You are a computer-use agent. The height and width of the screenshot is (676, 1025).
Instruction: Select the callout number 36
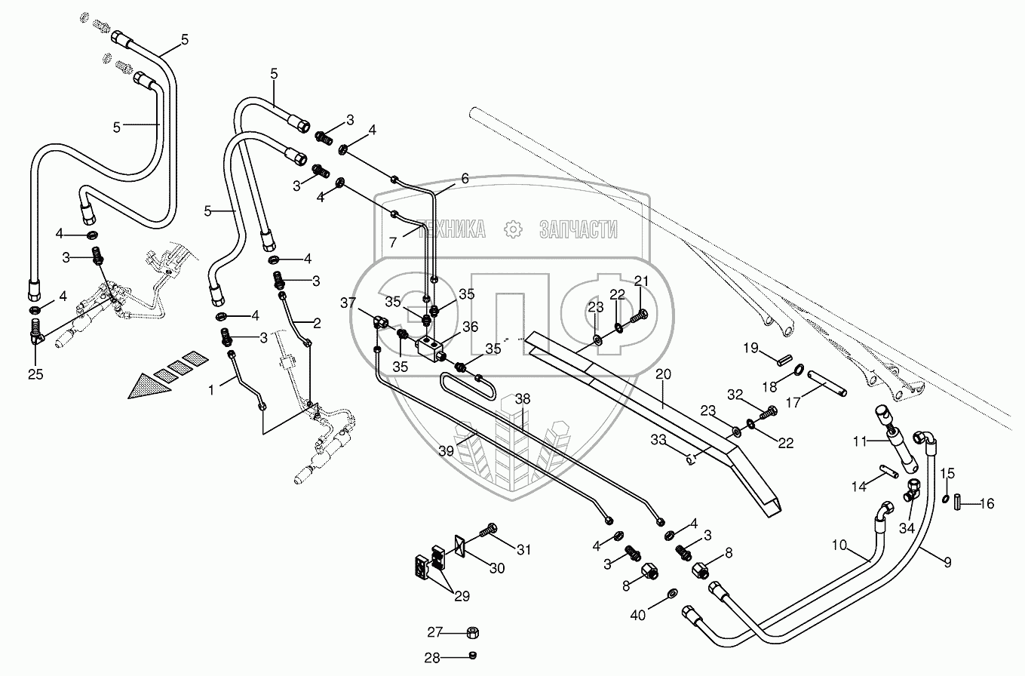coord(471,327)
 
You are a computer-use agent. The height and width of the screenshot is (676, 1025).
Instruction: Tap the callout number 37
coord(348,303)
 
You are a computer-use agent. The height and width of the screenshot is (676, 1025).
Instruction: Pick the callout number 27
coord(434,632)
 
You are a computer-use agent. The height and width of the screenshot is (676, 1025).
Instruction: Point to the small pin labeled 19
coord(784,357)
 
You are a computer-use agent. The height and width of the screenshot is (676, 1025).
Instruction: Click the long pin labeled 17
coord(827,383)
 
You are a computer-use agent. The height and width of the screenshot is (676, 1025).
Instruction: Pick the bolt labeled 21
coord(635,317)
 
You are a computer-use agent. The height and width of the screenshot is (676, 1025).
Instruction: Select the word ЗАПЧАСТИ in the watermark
coord(579,229)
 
